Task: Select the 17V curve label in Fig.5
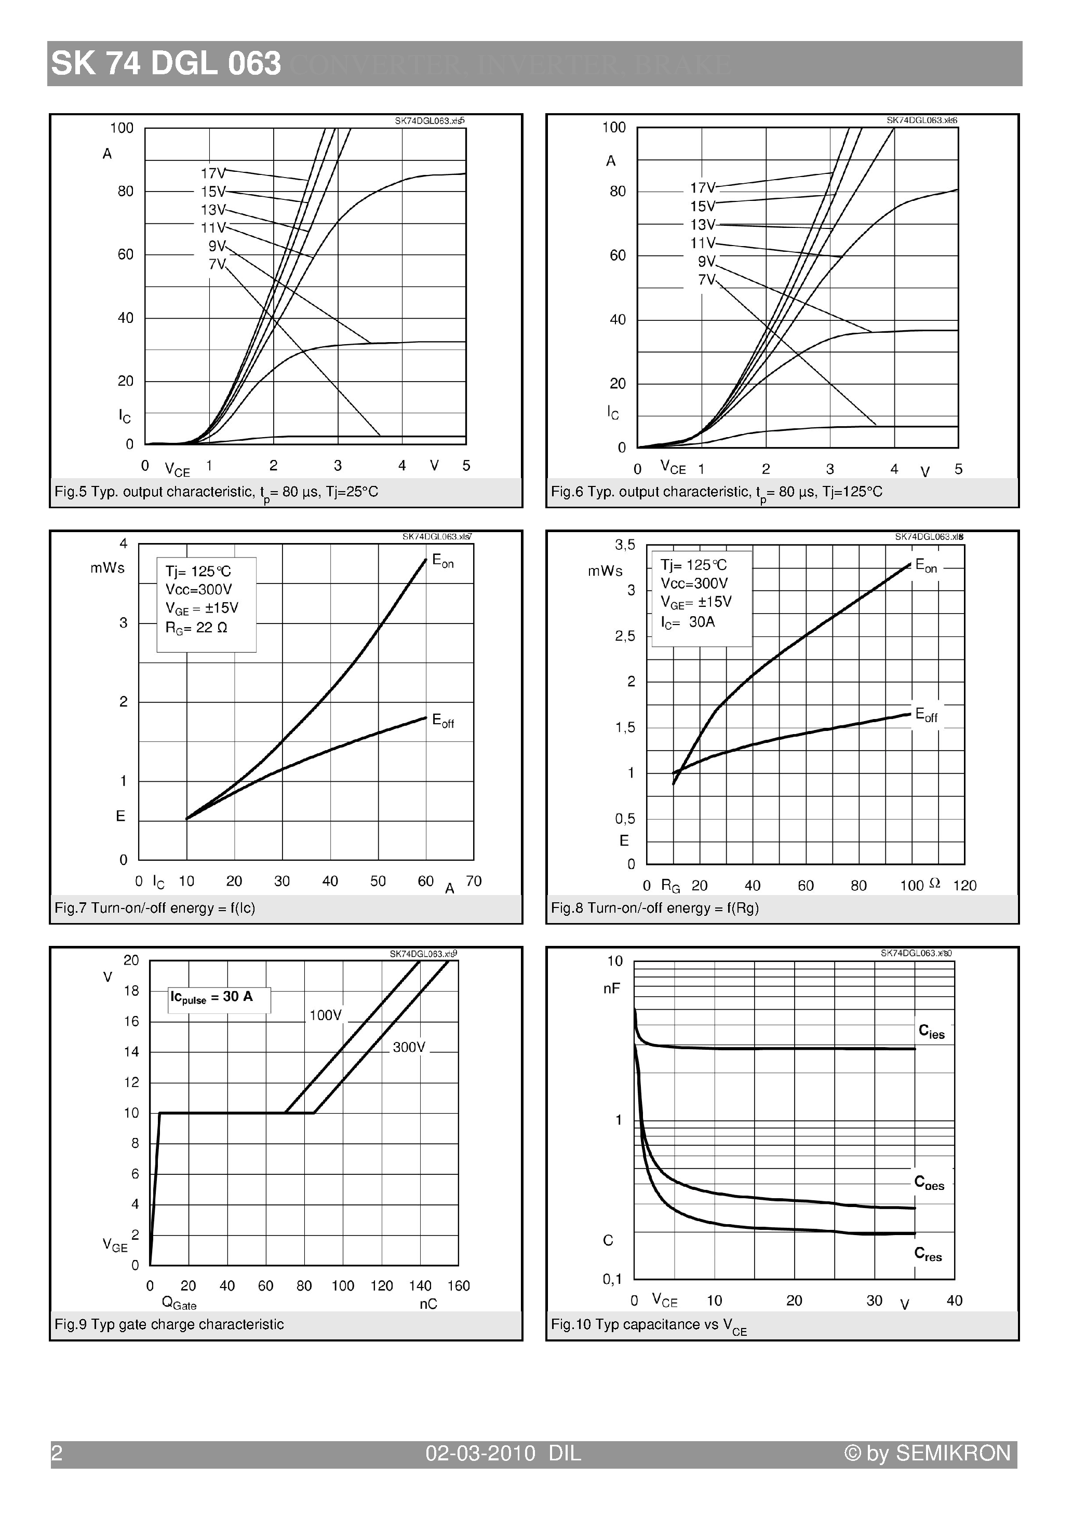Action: [213, 173]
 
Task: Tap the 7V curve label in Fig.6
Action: [706, 280]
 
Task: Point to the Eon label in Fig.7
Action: [442, 561]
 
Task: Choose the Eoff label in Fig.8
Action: [926, 715]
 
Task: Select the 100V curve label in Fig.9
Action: [326, 1015]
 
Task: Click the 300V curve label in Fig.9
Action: [409, 1047]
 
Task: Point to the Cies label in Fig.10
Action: [931, 1032]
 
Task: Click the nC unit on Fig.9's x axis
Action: [428, 1304]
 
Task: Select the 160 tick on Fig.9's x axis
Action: [459, 1286]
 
